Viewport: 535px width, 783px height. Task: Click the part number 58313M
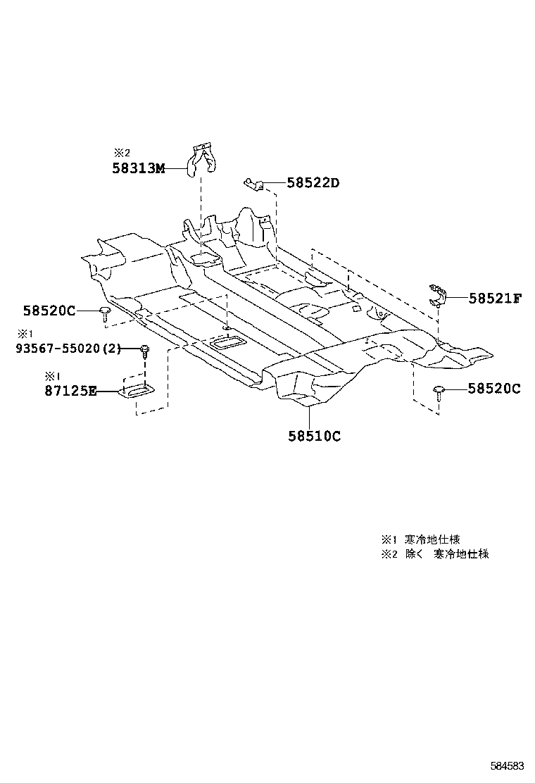138,168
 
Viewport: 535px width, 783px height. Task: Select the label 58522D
313,183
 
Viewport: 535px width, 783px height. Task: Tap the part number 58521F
495,299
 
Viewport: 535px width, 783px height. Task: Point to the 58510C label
314,436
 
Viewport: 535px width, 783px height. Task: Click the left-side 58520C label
49,310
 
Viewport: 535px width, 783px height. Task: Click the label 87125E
70,391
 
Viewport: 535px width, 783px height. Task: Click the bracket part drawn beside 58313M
201,159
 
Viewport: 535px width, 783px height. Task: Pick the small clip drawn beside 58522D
254,184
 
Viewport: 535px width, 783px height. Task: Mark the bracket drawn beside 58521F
440,295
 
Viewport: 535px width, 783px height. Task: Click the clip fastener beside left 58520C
105,313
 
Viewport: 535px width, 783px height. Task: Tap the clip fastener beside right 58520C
440,391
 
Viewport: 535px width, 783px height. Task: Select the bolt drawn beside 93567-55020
144,350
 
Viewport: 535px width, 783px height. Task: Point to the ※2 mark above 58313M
122,152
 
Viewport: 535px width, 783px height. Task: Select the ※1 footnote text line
421,539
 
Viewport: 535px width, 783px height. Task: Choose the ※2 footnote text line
435,554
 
